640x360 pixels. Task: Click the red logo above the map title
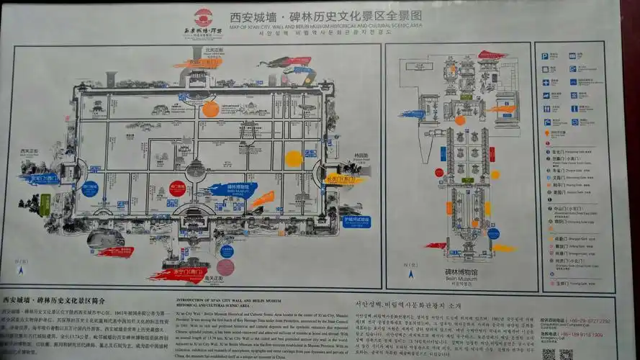[x=204, y=16]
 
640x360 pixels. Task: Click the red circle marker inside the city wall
[x=177, y=189]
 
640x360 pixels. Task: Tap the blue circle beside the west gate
[x=90, y=189]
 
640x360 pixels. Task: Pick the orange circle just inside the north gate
[x=210, y=109]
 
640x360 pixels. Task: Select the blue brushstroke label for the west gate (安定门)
[x=41, y=179]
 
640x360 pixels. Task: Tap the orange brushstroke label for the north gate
[x=199, y=63]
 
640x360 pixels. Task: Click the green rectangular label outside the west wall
[x=45, y=205]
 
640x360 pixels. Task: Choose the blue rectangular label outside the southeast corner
[x=355, y=221]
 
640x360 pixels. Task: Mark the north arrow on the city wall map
[x=22, y=271]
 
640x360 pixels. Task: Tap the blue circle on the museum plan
[x=493, y=233]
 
